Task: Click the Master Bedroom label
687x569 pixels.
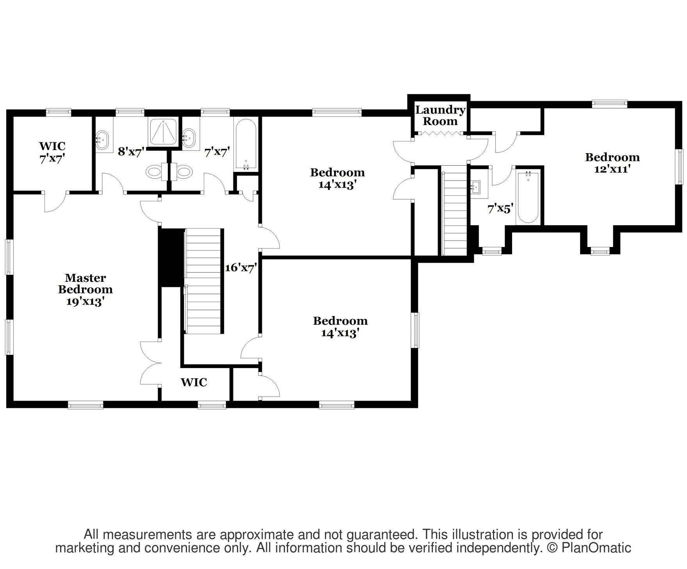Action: point(85,290)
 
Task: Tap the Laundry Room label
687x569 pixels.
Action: point(440,115)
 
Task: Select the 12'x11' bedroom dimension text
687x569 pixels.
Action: point(612,169)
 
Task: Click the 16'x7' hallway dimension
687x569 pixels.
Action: point(241,268)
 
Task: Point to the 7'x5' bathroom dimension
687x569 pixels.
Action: point(500,209)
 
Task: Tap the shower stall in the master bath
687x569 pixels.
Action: point(163,131)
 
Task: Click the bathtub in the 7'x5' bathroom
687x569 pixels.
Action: point(527,197)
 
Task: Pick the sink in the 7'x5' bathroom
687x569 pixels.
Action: point(476,187)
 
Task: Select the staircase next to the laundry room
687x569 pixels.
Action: point(454,210)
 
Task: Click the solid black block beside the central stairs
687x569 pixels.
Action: point(171,257)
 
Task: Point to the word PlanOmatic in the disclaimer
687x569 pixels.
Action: point(596,548)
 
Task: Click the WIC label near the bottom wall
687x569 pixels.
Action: point(194,382)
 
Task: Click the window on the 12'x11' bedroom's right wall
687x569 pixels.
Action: point(680,166)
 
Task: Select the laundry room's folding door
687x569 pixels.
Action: point(440,134)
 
